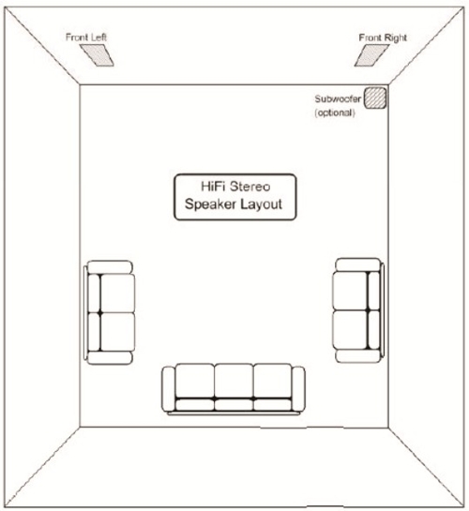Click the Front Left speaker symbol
coord(97,55)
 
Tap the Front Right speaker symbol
coord(371,55)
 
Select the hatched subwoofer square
coord(375,98)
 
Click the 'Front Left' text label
coord(86,38)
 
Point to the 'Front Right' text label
coord(383,38)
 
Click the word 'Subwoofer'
coord(338,98)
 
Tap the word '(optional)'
coord(335,113)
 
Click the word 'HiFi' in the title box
coord(213,187)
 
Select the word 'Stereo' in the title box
coord(250,187)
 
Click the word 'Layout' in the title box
coord(262,204)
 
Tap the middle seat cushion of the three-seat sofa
coord(234,382)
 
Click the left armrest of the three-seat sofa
coord(169,389)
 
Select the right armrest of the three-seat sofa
coord(298,389)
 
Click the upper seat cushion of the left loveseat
coord(117,293)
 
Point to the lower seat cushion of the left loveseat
coord(117,332)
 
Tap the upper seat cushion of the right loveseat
coord(350,291)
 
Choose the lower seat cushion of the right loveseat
coord(350,329)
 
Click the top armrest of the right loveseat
coord(358,265)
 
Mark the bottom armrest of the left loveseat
coord(110,357)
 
